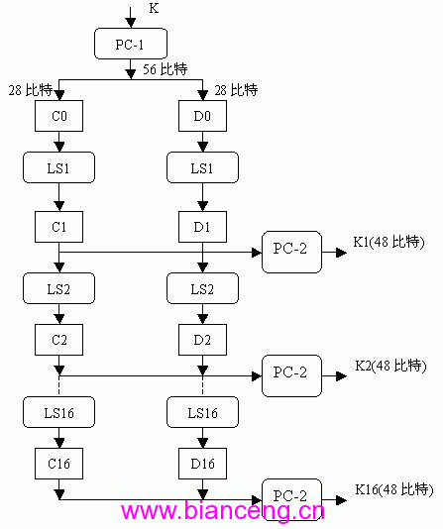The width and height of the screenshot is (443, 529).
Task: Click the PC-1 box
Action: click(x=131, y=44)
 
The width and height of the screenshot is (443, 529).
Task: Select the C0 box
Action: click(x=59, y=116)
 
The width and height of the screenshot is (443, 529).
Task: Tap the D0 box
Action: click(x=202, y=116)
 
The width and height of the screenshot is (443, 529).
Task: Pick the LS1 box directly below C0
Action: click(x=58, y=167)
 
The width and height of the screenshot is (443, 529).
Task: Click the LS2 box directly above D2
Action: click(x=202, y=288)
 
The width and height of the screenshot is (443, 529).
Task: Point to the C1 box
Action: click(x=59, y=227)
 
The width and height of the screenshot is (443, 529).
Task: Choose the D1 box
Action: click(x=202, y=227)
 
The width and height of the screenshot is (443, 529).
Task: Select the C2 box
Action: click(x=59, y=340)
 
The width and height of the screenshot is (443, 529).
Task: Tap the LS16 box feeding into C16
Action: click(x=58, y=412)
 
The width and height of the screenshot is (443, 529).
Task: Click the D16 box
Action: click(x=202, y=464)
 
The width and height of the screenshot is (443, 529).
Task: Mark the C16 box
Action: click(x=59, y=464)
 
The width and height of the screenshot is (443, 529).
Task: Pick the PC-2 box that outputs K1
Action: click(x=291, y=252)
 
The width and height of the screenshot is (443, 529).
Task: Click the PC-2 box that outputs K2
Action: click(x=291, y=375)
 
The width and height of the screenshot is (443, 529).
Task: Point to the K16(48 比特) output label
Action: click(x=394, y=489)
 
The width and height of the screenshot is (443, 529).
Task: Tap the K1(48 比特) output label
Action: click(x=388, y=242)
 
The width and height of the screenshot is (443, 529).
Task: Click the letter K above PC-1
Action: click(x=154, y=8)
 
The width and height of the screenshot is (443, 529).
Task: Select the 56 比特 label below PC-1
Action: click(x=165, y=69)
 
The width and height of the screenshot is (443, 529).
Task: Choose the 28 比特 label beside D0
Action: click(x=236, y=90)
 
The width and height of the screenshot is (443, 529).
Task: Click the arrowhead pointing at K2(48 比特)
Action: click(x=342, y=376)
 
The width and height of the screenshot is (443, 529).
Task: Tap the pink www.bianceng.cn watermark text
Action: click(x=223, y=511)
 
